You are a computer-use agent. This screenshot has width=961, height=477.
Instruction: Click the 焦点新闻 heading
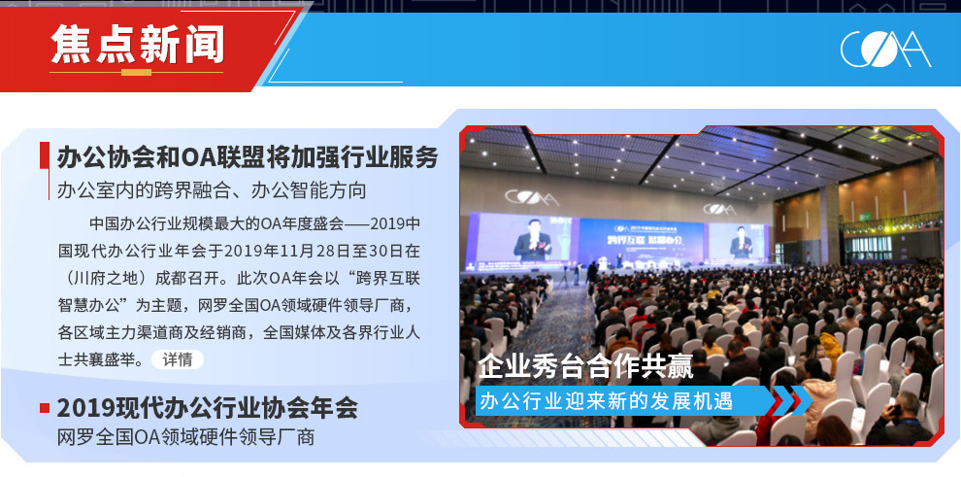(x=137, y=44)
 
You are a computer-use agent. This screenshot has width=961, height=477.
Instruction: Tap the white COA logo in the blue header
(x=885, y=49)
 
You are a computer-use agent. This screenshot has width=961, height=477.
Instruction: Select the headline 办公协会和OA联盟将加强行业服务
(x=248, y=157)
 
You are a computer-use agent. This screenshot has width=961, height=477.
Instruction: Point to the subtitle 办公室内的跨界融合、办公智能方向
(x=212, y=190)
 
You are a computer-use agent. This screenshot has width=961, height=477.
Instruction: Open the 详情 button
(x=177, y=359)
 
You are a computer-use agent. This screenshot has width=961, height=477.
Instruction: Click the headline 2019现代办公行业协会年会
(x=207, y=408)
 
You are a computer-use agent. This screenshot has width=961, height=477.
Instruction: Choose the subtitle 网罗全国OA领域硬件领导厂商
(x=185, y=437)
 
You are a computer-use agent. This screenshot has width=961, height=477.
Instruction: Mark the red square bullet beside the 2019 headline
(x=45, y=408)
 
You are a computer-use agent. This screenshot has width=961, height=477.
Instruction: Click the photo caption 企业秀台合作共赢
(x=585, y=367)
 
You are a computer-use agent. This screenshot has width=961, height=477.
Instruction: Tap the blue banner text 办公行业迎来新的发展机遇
(x=606, y=401)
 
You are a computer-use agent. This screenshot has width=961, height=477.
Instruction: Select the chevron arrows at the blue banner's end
(x=792, y=401)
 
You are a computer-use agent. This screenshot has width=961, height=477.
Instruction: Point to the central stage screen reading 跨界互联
(x=641, y=241)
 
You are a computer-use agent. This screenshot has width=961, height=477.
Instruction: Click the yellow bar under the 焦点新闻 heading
(x=136, y=72)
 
